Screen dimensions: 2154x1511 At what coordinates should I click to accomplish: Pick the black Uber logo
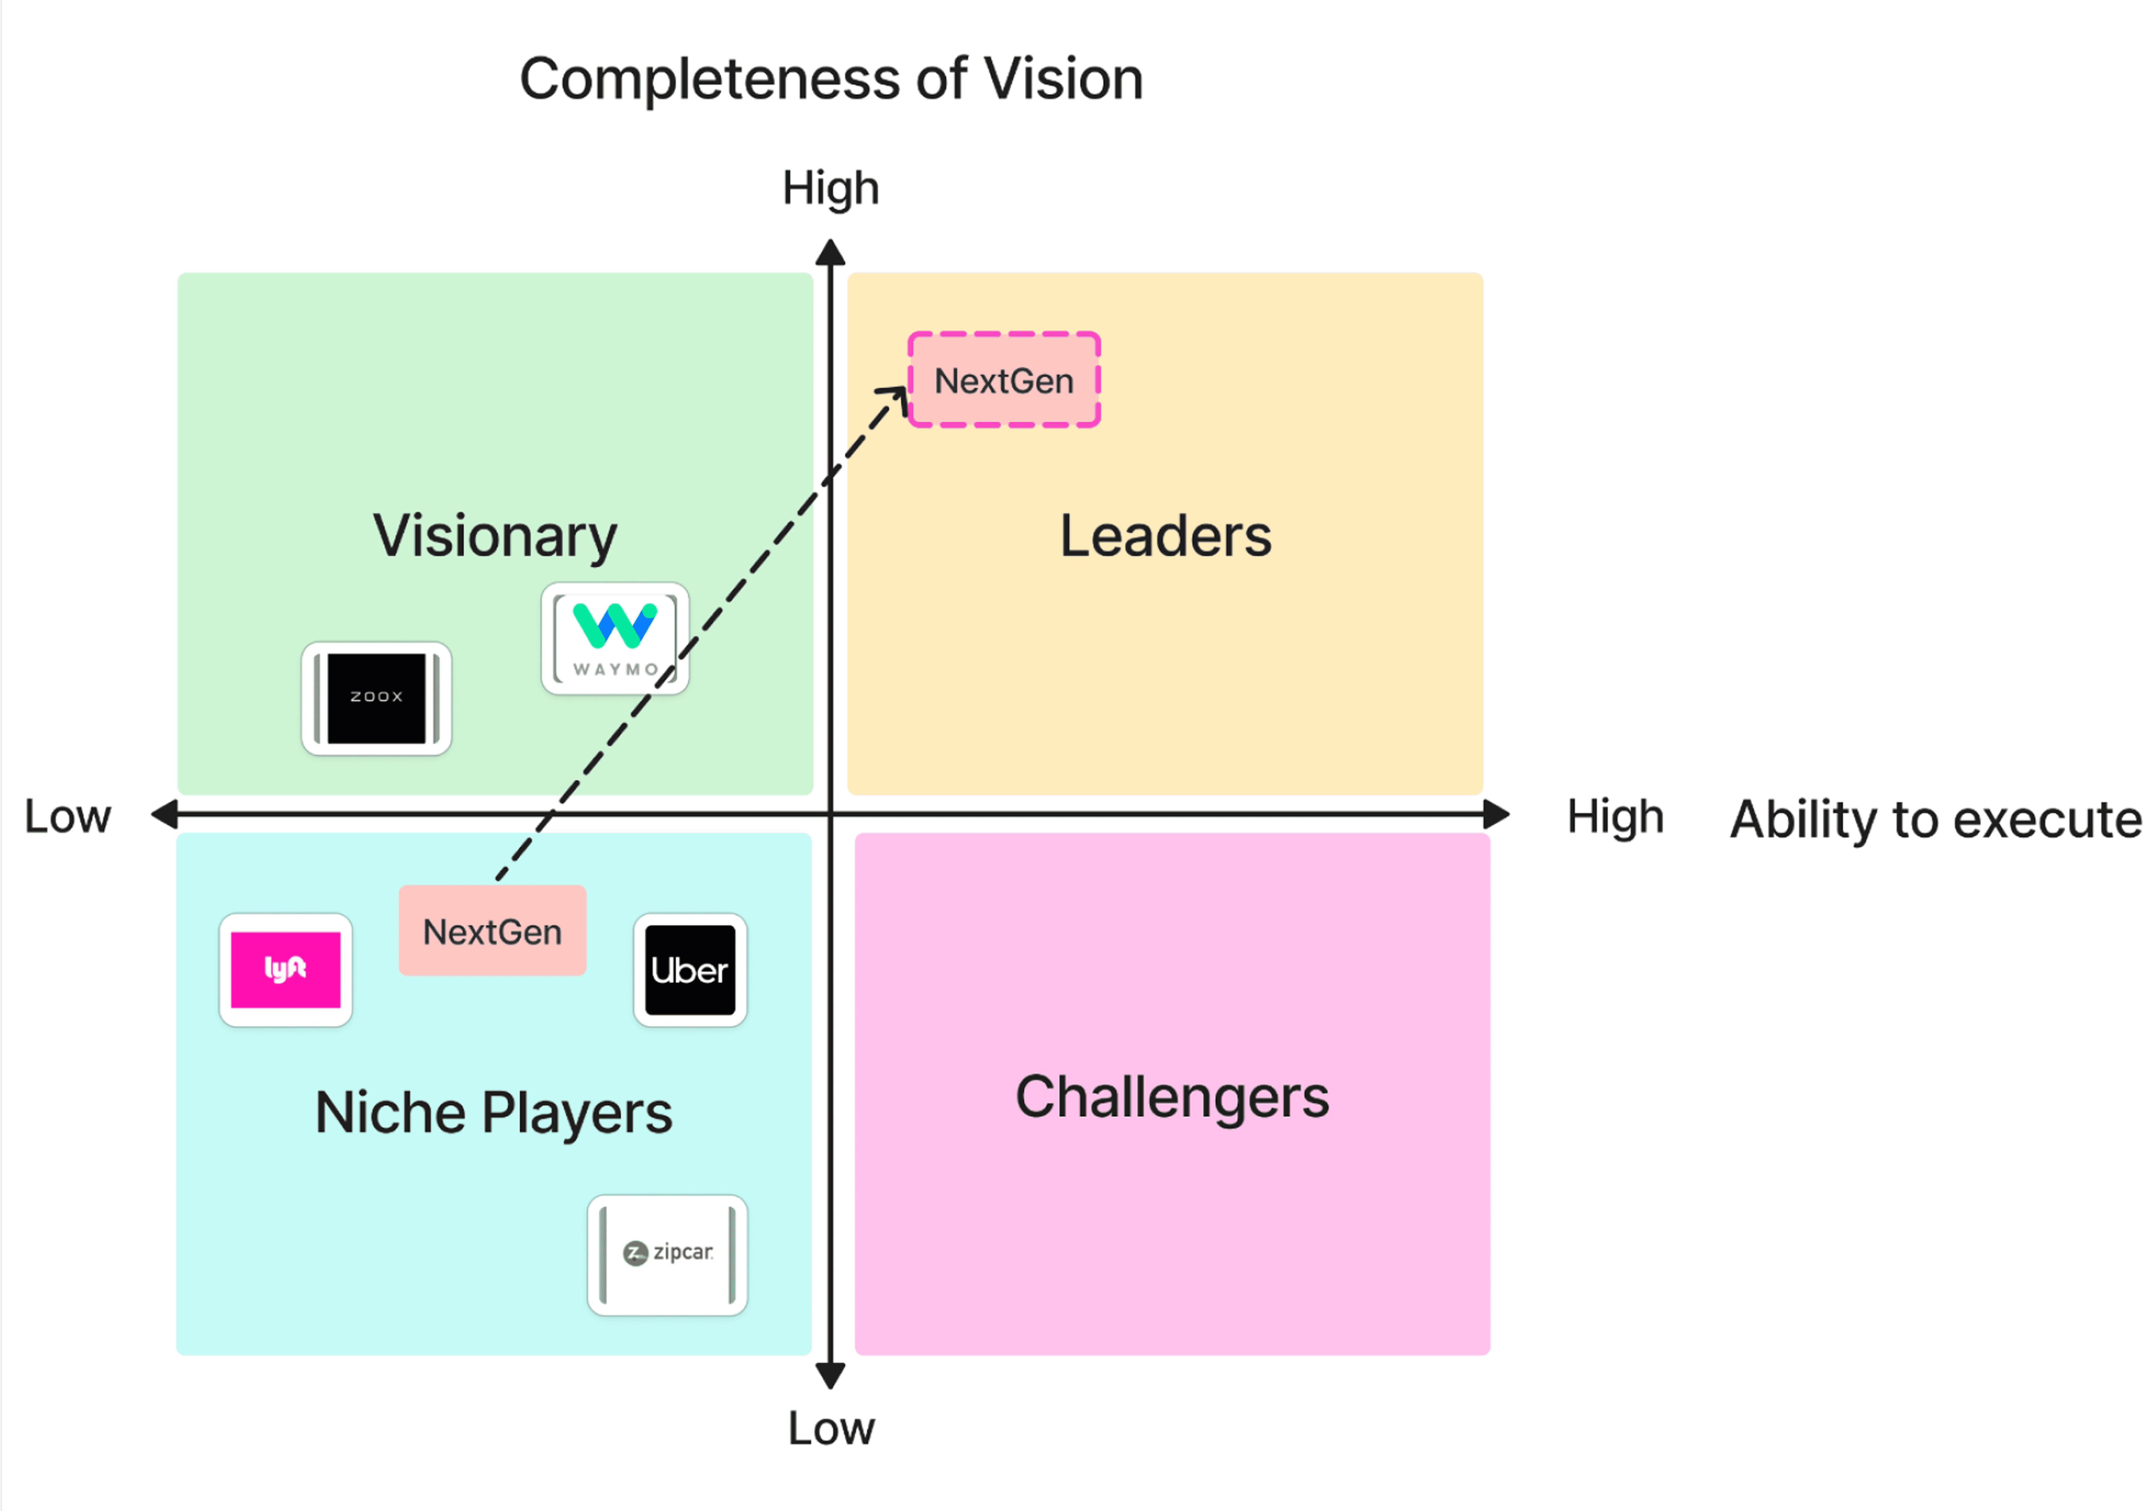[690, 970]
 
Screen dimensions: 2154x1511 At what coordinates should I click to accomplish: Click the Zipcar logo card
[667, 1255]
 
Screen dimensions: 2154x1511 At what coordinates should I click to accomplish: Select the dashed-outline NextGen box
[1004, 380]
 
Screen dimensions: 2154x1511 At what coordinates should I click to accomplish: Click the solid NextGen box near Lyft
[493, 930]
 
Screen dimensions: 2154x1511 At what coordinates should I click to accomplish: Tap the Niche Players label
[493, 1113]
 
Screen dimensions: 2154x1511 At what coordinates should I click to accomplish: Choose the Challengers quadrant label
[1173, 1097]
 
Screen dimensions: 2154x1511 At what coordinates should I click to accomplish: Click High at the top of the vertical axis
[831, 188]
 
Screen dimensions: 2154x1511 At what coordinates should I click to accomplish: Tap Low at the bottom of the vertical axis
[831, 1429]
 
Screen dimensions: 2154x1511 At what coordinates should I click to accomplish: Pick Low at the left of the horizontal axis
[67, 816]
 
